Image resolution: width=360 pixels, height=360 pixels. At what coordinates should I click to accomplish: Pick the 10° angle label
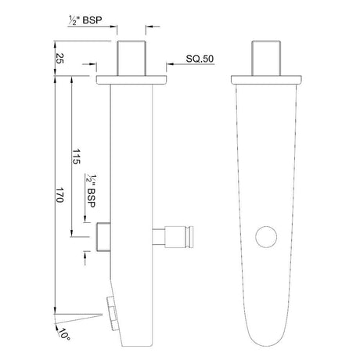[x=63, y=335]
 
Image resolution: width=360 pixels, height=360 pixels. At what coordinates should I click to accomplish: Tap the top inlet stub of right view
[x=267, y=57]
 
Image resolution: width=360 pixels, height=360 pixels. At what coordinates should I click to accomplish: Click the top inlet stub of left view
[x=131, y=56]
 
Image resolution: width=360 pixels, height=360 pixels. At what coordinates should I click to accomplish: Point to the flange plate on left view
[x=131, y=79]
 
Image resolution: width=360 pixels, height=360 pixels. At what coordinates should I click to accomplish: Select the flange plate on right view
[x=267, y=79]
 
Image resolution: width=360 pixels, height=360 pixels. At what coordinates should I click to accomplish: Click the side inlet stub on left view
[x=103, y=236]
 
